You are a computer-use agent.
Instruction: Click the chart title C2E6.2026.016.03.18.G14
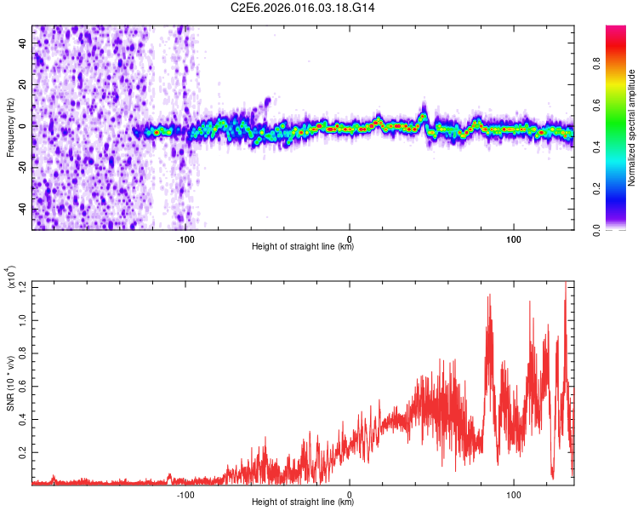point(304,8)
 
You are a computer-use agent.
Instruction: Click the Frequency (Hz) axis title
point(10,127)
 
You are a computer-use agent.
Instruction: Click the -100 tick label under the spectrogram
point(185,238)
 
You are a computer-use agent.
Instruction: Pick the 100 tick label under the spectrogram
point(514,238)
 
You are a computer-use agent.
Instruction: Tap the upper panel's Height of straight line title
point(303,247)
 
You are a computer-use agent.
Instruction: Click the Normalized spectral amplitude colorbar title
point(632,128)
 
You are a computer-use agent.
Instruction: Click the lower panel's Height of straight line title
point(303,502)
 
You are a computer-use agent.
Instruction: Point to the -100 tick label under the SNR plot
point(185,493)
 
